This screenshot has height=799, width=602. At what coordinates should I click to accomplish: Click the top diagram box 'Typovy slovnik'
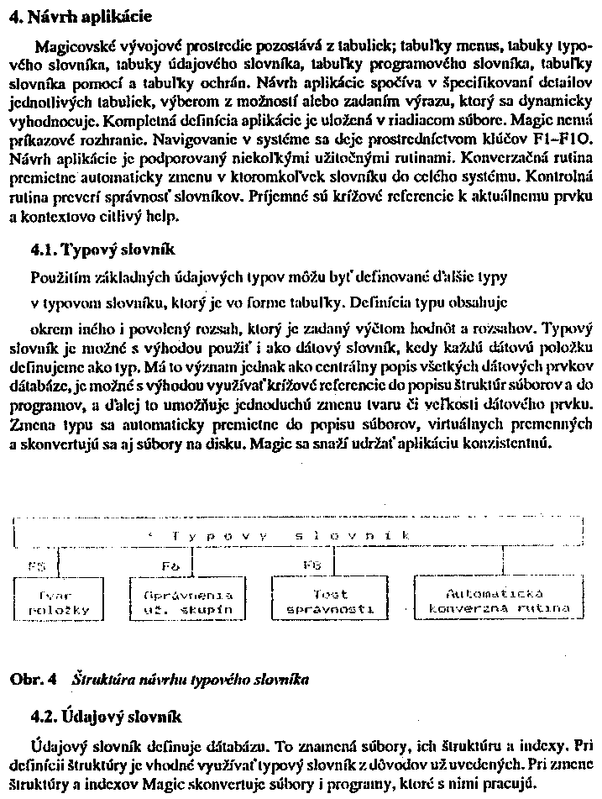tap(298, 535)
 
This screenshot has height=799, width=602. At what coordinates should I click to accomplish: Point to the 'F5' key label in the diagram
tap(37, 567)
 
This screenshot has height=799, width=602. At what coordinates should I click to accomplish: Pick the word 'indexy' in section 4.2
tap(549, 746)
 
